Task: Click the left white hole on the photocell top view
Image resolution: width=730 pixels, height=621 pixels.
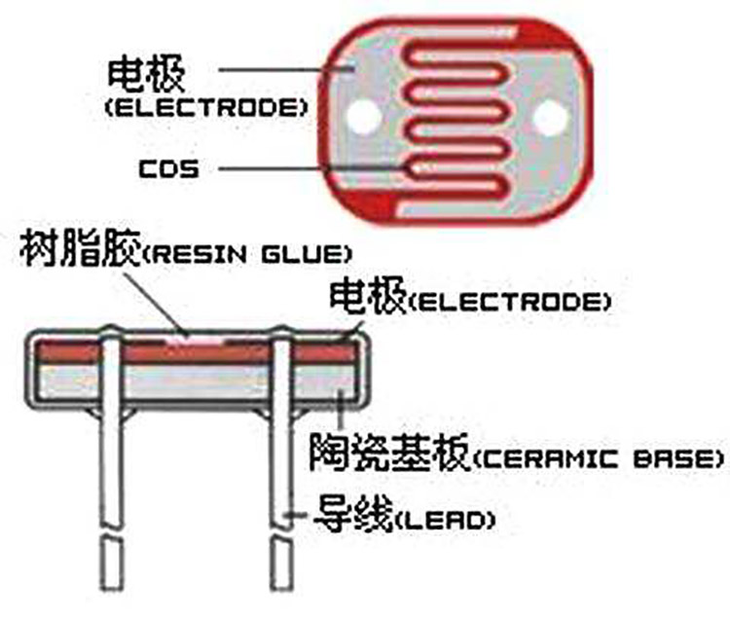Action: coord(365,116)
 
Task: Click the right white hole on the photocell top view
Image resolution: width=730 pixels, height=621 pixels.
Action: coord(551,118)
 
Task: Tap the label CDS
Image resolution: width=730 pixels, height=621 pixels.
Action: coord(169,168)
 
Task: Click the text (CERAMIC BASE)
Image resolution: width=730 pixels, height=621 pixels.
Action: coord(599,459)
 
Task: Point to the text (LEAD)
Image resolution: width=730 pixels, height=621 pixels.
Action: coord(445,520)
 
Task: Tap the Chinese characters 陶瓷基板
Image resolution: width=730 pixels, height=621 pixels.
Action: coord(390,453)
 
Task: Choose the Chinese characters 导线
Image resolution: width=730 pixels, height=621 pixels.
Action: coord(354,514)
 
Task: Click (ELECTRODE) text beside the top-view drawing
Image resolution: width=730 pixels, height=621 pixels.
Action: coord(205,107)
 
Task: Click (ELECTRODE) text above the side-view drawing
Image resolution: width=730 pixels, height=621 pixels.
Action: coord(509,302)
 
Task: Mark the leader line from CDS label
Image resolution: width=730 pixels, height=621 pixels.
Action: coord(312,168)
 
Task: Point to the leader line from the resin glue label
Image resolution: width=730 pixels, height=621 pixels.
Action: coord(156,304)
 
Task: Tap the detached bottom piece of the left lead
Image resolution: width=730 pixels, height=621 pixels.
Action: coord(113,564)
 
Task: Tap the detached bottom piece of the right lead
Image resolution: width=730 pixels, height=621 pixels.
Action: coord(282,564)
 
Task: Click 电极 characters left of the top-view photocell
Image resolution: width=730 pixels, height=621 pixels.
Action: coord(146,75)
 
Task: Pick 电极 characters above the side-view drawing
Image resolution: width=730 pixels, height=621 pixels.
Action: coord(368,296)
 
